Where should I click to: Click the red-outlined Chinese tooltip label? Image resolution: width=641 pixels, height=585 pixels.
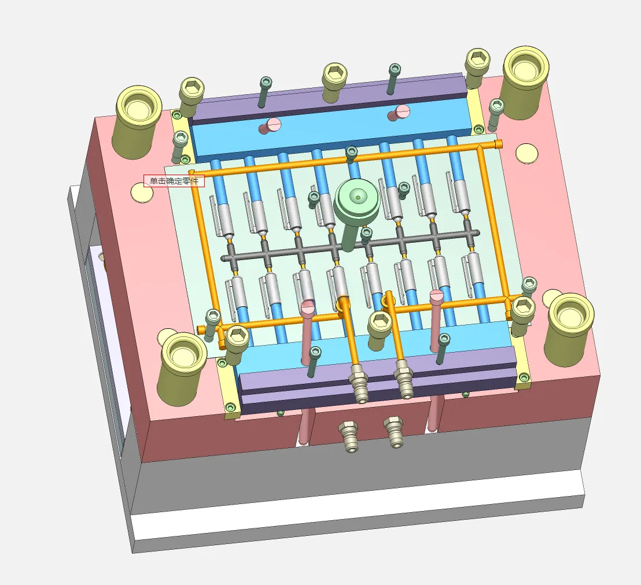[x=174, y=180]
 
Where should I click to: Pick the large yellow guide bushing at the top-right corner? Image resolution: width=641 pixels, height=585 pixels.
[x=525, y=82]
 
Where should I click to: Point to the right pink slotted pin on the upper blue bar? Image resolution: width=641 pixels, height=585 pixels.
[x=399, y=112]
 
